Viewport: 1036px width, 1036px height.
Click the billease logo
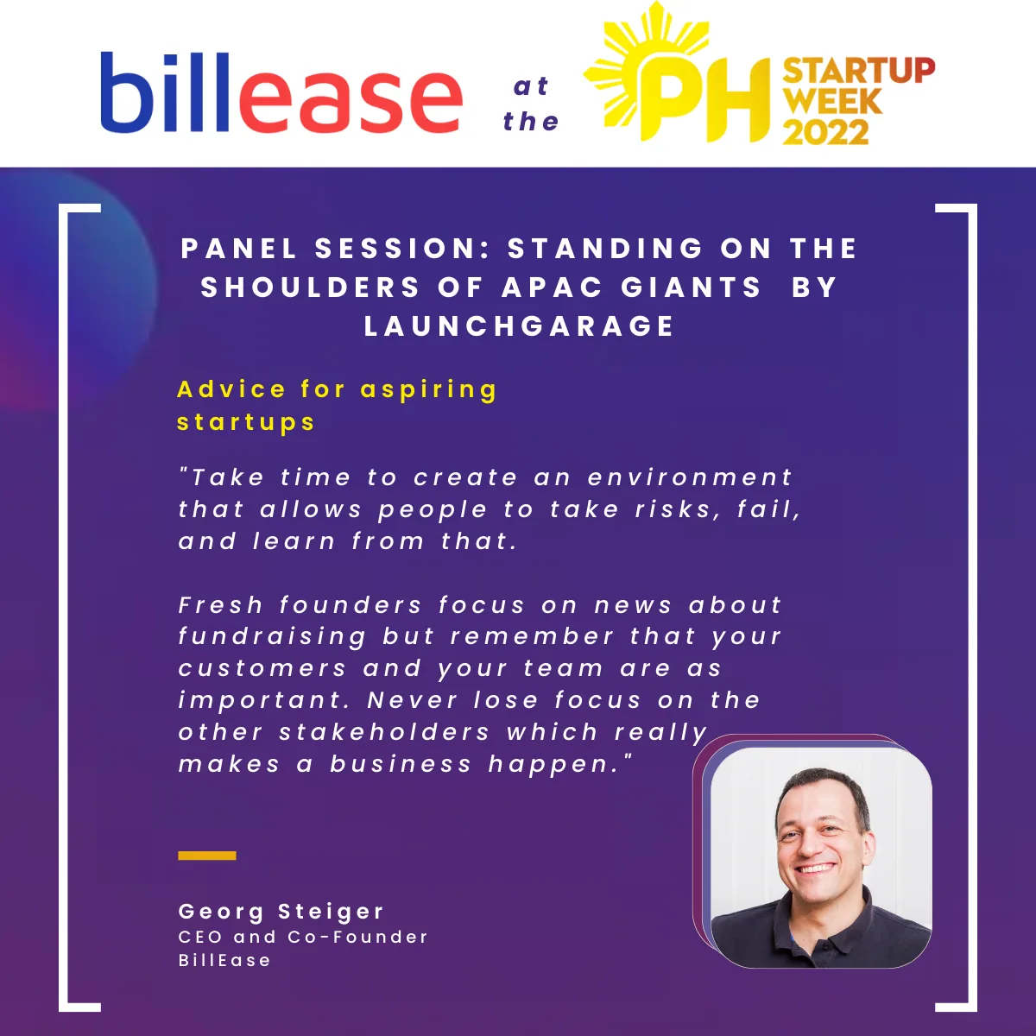281,92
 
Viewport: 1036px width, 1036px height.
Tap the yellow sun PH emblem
678,73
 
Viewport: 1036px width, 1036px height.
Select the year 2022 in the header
826,132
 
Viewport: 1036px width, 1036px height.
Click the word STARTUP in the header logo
859,71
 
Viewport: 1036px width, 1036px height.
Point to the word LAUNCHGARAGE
519,325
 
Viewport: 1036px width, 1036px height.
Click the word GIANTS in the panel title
692,287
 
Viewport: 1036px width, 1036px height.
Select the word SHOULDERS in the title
310,287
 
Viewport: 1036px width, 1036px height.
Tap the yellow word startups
246,422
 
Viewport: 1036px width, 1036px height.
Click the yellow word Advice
231,388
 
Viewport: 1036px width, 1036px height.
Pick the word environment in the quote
690,477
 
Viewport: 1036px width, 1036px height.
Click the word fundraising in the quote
273,637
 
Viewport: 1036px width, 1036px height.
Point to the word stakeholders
384,732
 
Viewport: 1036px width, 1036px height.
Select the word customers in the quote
263,669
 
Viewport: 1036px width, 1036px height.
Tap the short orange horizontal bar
207,856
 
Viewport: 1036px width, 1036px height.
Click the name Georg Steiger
281,912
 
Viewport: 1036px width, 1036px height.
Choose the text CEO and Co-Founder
303,937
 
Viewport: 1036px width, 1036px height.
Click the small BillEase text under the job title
224,960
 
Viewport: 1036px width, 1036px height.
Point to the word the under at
531,121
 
